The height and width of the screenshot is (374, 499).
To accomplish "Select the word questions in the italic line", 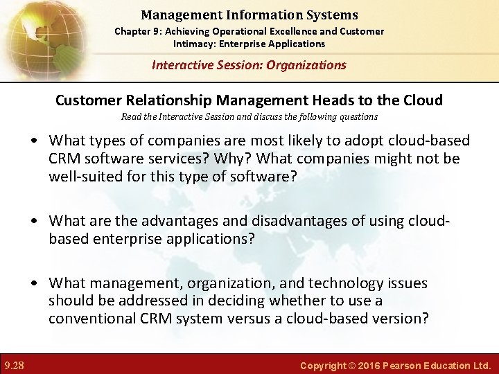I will [356, 117].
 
